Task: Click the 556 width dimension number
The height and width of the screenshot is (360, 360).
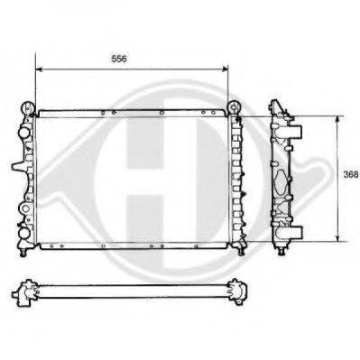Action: [119, 59]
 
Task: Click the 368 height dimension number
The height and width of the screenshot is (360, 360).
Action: [351, 175]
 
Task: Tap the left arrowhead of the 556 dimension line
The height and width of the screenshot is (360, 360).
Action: [39, 69]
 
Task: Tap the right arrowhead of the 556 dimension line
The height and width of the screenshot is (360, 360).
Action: [225, 69]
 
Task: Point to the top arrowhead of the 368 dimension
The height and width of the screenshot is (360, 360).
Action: [337, 119]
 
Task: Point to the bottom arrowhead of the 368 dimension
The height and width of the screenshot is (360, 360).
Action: [337, 238]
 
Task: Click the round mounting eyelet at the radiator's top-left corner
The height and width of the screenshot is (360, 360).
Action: [28, 107]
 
